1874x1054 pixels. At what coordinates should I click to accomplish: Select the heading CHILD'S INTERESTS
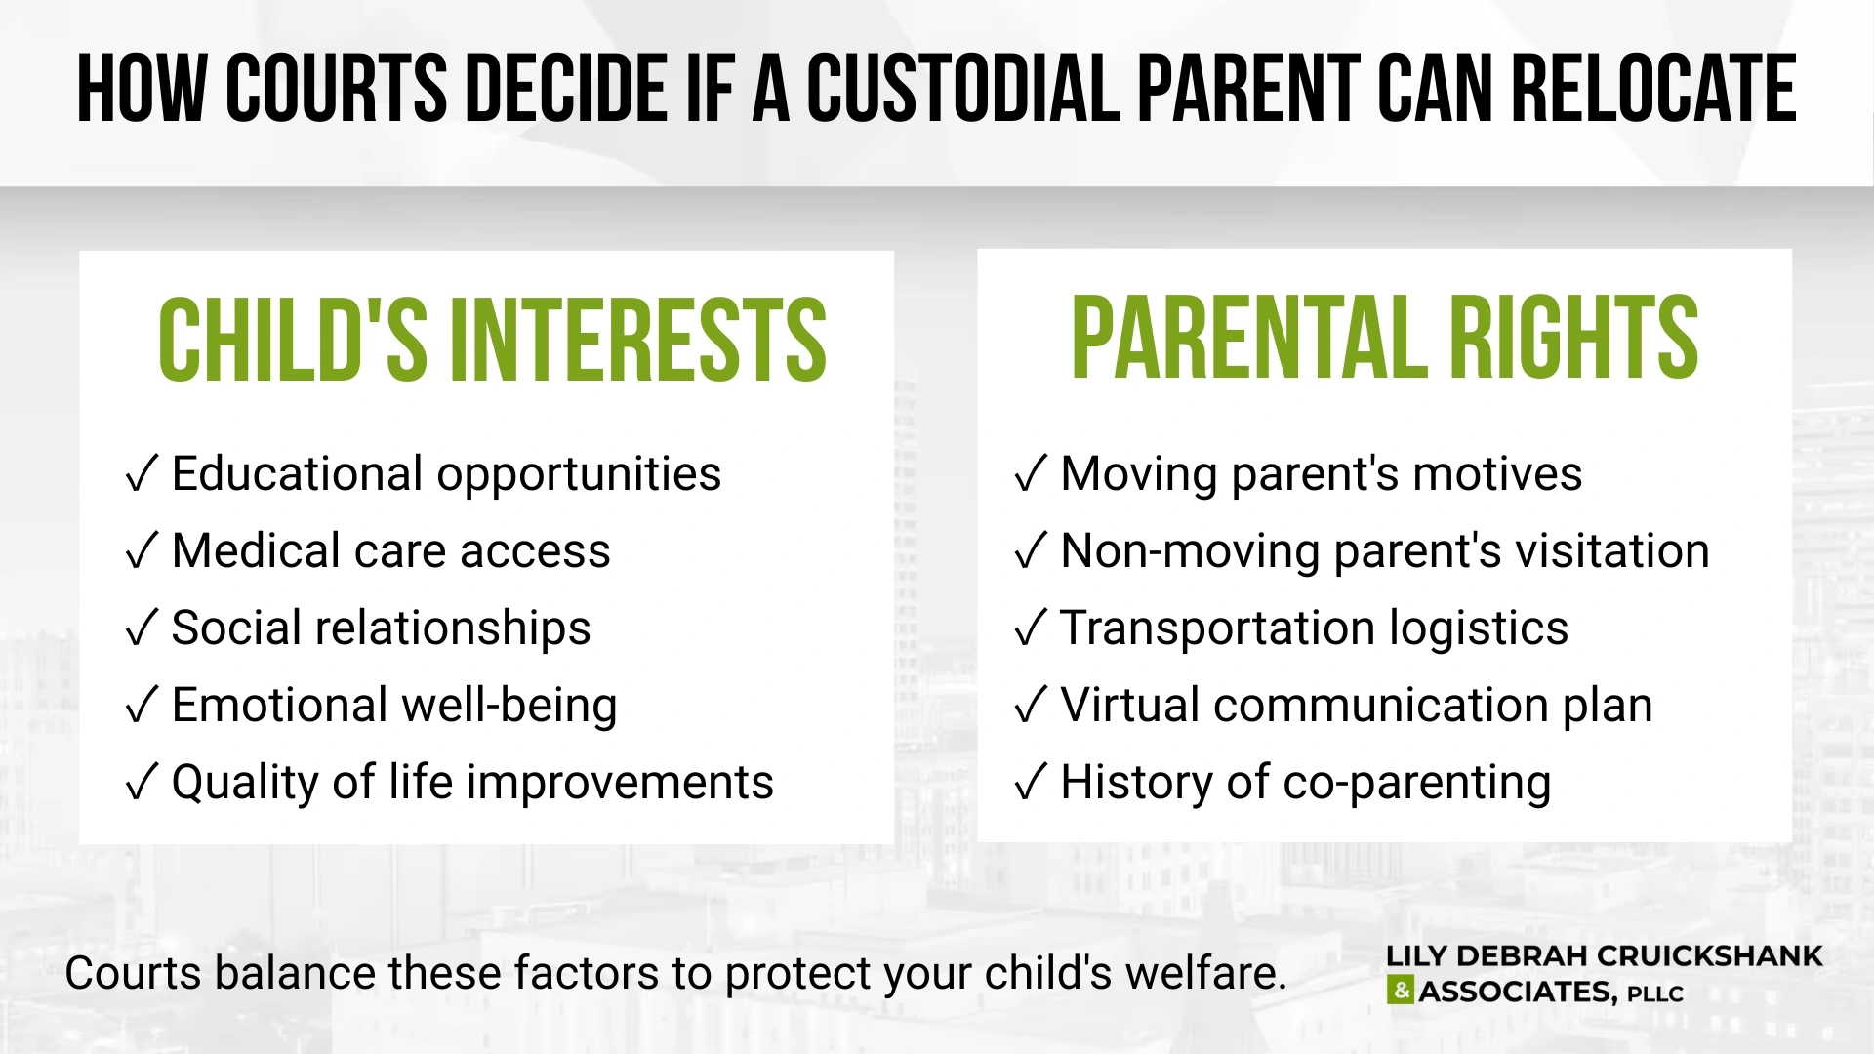pyautogui.click(x=492, y=340)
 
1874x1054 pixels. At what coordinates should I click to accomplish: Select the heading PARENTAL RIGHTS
pyautogui.click(x=1384, y=338)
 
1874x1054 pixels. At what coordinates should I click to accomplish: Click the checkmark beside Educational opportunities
pyautogui.click(x=142, y=475)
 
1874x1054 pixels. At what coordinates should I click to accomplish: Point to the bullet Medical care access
pyautogui.click(x=390, y=551)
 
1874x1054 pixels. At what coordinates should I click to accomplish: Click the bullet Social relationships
pyautogui.click(x=381, y=628)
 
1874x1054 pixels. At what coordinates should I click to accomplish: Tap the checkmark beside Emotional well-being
pyautogui.click(x=142, y=707)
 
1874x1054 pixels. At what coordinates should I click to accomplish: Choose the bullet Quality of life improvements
pyautogui.click(x=472, y=783)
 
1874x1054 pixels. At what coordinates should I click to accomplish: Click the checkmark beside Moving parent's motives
pyautogui.click(x=1031, y=475)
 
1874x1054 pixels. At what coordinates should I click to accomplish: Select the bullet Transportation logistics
pyautogui.click(x=1314, y=628)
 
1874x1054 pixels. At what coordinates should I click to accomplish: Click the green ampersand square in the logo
pyautogui.click(x=1400, y=992)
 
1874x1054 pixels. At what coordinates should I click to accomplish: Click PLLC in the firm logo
pyautogui.click(x=1655, y=994)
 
